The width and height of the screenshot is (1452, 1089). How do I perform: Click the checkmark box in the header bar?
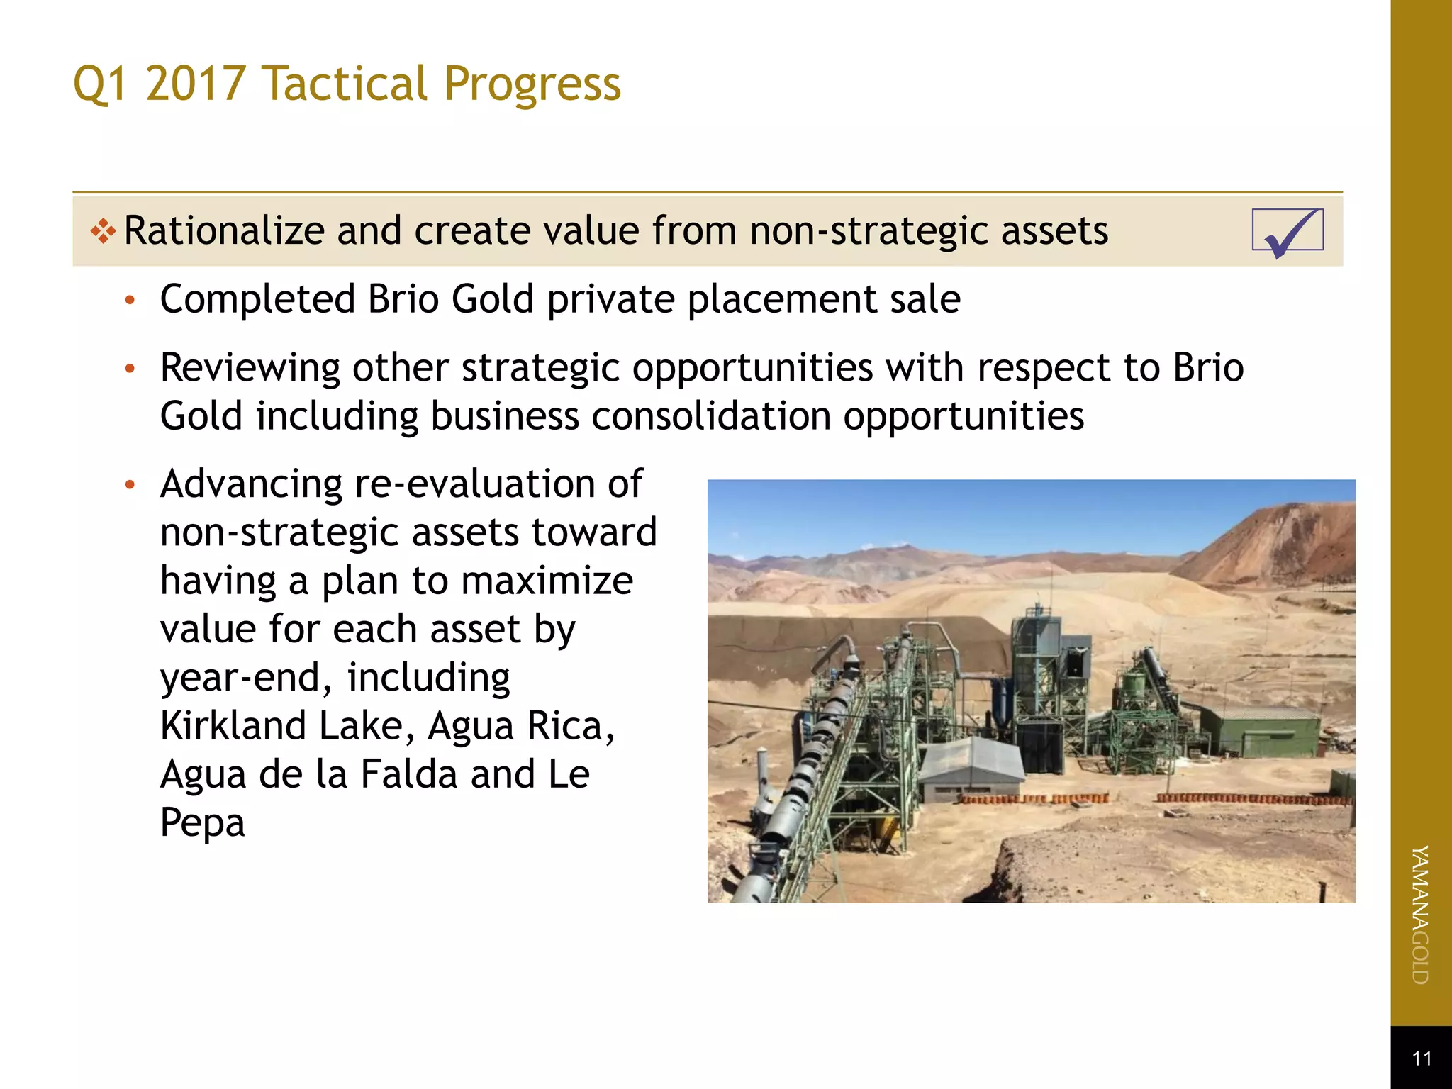(x=1288, y=230)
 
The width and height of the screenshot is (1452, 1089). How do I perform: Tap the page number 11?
(x=1422, y=1059)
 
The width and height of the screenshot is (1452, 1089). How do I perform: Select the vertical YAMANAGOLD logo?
(x=1420, y=915)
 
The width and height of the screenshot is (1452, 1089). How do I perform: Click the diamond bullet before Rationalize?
(x=104, y=231)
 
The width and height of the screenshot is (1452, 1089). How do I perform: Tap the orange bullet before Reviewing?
(x=130, y=369)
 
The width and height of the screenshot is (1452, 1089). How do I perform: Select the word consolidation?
(x=710, y=416)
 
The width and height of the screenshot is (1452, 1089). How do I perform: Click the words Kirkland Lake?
(x=283, y=726)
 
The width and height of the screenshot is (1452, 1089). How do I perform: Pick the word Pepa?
(x=203, y=822)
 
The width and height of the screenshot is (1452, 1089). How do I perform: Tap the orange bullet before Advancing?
(x=130, y=485)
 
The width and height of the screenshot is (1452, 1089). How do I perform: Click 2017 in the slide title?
(x=196, y=84)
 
